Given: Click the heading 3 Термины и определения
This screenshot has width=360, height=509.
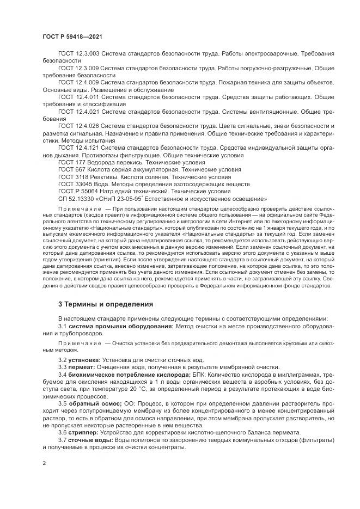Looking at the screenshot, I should coord(106,304).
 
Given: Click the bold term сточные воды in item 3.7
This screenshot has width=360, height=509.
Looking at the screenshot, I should coord(90,439).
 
